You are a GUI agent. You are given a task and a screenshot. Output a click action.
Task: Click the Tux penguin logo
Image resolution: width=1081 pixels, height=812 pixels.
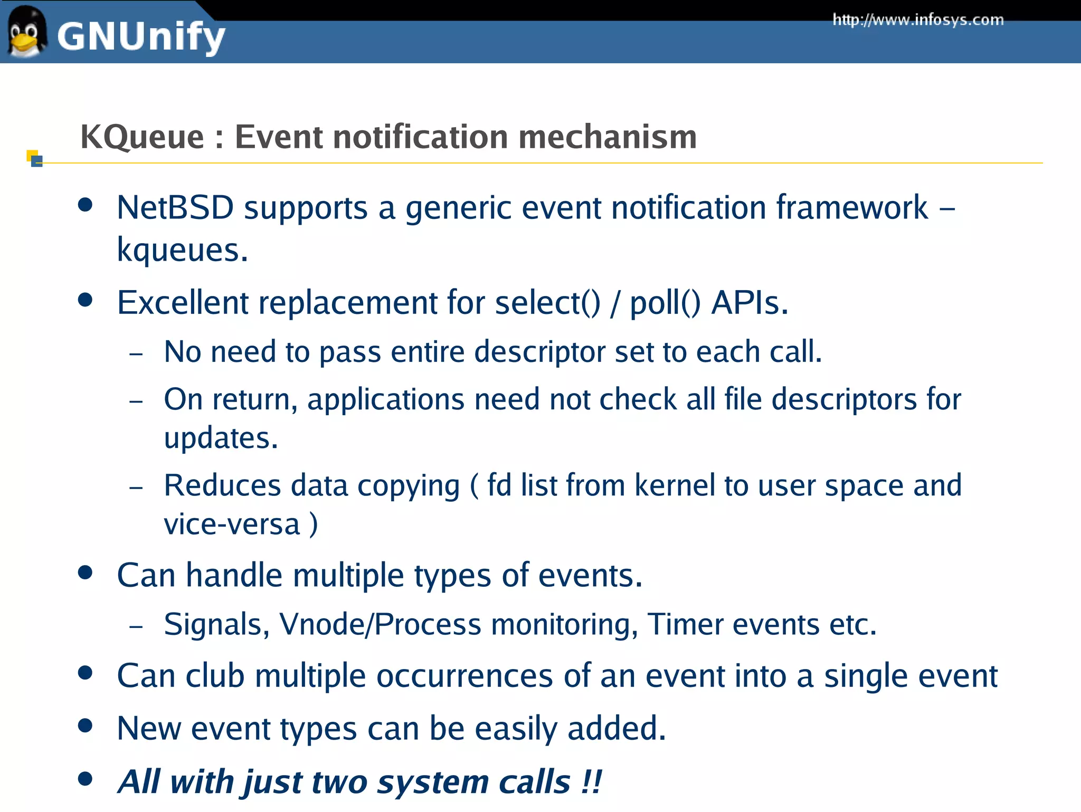(x=25, y=33)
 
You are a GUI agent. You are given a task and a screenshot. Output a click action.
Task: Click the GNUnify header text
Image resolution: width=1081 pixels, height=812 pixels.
(x=141, y=37)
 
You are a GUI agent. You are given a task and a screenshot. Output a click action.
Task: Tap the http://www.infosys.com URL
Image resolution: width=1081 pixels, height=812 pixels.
(x=918, y=20)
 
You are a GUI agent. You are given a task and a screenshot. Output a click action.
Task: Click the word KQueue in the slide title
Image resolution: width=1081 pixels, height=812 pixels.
(x=142, y=138)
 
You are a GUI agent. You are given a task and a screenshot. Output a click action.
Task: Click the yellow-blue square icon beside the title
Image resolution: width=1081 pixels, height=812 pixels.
(x=34, y=158)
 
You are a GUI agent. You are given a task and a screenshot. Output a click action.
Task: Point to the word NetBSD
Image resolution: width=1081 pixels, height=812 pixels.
(x=175, y=207)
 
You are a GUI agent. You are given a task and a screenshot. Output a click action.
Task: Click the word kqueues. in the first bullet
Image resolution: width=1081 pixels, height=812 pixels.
(x=182, y=250)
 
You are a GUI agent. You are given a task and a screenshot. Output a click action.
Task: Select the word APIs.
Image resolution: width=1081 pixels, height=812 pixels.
(x=750, y=303)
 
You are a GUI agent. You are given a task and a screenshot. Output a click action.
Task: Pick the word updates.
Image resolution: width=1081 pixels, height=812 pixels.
(x=221, y=438)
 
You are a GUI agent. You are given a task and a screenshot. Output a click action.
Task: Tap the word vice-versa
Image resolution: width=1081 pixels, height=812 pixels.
(x=232, y=524)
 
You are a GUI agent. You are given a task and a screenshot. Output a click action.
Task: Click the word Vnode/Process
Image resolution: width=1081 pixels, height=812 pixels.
(x=380, y=625)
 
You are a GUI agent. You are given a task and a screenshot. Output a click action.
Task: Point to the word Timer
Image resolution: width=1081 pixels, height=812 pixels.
(x=685, y=625)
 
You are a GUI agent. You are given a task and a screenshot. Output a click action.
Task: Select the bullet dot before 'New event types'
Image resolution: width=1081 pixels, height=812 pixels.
(x=85, y=725)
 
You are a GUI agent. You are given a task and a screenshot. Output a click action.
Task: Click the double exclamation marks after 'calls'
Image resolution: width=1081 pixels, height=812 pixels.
(x=591, y=781)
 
